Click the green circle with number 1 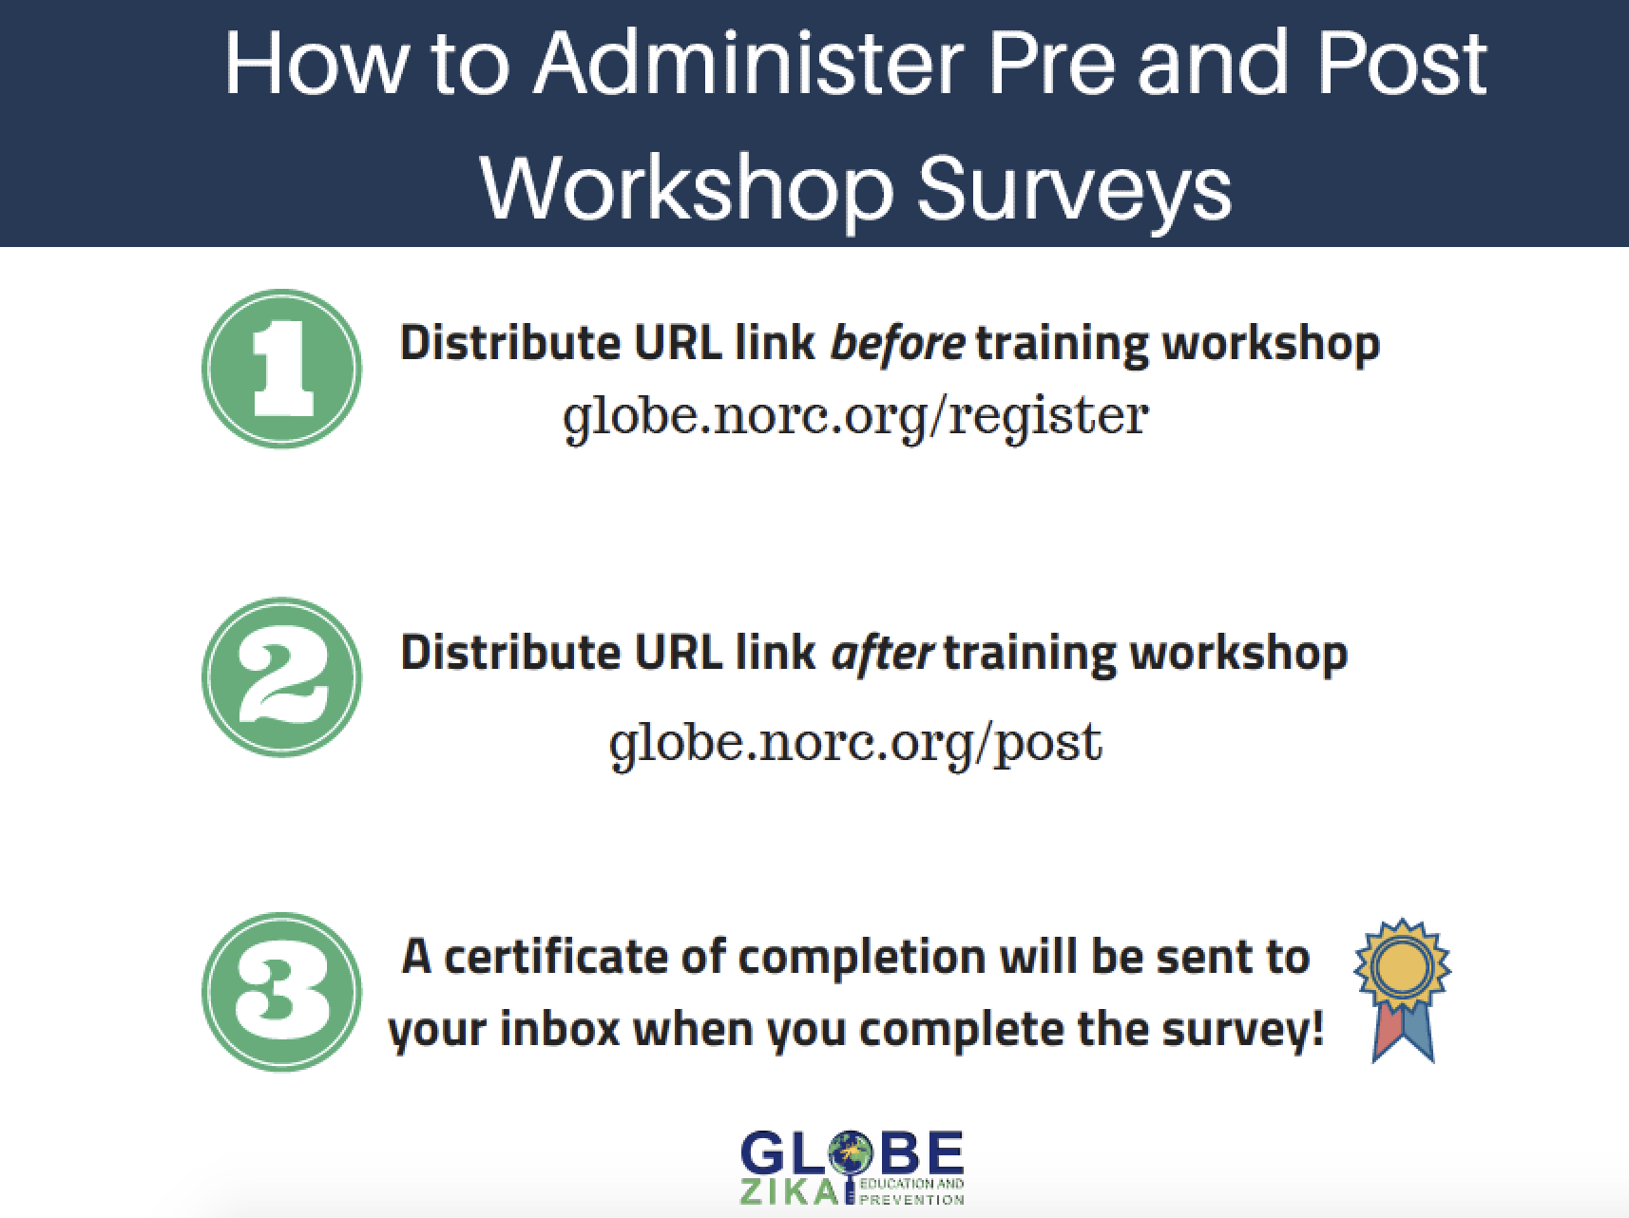281,369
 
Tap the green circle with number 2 281,677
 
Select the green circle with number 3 281,991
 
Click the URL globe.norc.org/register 855,416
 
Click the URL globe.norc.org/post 855,742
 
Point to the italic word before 897,343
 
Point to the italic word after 882,653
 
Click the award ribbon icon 1403,989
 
